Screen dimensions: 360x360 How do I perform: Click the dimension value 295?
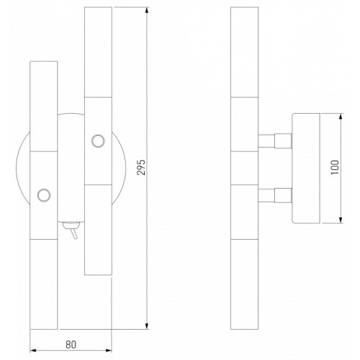(x=141, y=167)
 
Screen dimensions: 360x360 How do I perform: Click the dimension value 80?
(x=71, y=345)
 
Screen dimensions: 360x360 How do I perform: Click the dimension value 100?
(x=336, y=167)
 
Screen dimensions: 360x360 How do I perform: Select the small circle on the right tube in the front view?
(x=98, y=141)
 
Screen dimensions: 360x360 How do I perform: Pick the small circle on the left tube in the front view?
(x=44, y=195)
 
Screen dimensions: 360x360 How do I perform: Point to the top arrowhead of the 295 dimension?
(x=147, y=11)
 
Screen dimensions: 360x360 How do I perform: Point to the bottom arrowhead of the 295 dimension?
(x=147, y=325)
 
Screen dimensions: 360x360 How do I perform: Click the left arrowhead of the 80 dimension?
(x=33, y=350)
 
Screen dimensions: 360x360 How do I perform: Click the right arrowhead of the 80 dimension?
(x=109, y=350)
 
